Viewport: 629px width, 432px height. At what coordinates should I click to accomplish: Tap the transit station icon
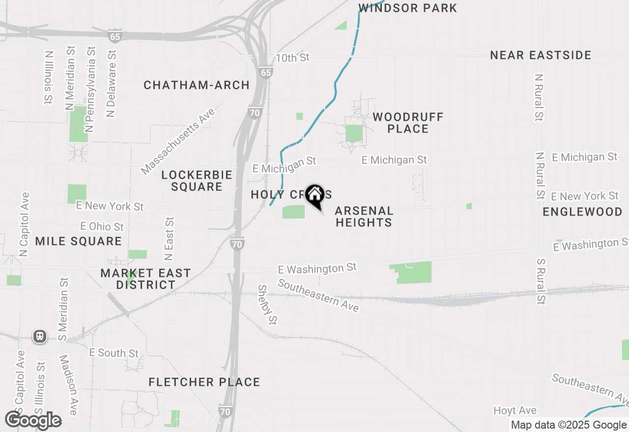(x=40, y=336)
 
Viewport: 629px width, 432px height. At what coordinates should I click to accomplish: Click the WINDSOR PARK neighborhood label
(x=407, y=8)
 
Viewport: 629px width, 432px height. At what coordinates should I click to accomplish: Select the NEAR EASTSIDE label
(x=541, y=55)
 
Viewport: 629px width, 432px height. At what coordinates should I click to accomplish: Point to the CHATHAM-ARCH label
(x=197, y=85)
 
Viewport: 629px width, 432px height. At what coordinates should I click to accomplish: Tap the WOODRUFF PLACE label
(x=408, y=123)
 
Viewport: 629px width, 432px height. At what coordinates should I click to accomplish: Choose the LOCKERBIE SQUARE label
(x=197, y=181)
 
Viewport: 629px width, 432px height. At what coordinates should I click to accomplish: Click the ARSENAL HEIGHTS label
(x=364, y=216)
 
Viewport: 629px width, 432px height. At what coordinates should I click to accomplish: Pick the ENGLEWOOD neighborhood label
(x=582, y=212)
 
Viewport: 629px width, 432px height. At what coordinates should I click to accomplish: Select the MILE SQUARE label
(x=79, y=241)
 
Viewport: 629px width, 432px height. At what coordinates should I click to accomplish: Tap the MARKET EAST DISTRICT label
(x=145, y=279)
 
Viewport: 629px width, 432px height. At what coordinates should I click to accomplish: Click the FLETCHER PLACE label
(x=204, y=382)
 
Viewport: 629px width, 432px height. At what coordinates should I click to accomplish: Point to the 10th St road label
(x=292, y=58)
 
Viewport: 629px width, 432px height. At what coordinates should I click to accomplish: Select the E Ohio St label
(x=102, y=226)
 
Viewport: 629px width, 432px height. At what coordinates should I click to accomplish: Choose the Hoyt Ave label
(x=515, y=410)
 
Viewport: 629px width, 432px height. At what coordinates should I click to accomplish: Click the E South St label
(x=114, y=353)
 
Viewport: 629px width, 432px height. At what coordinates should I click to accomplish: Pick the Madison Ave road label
(x=68, y=385)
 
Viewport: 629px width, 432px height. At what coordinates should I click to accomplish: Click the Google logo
(x=33, y=420)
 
